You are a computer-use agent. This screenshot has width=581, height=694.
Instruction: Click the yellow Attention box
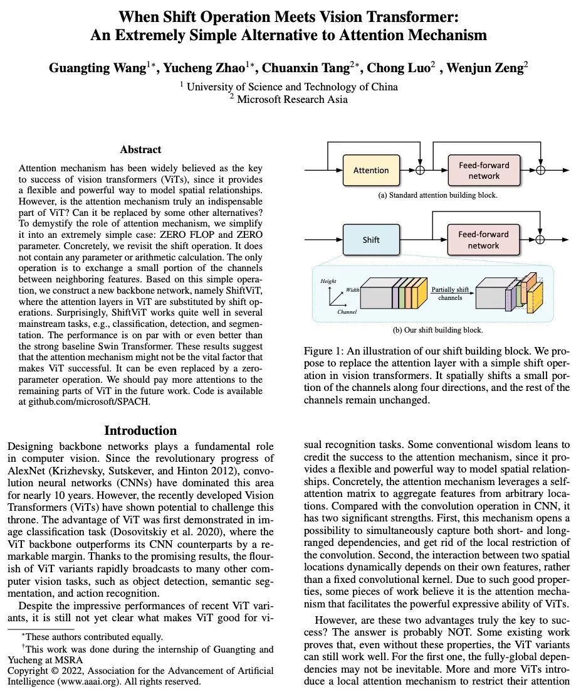click(371, 170)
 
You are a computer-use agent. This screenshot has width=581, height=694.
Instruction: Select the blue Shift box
click(371, 240)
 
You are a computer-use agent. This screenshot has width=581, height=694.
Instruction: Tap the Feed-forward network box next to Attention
click(484, 171)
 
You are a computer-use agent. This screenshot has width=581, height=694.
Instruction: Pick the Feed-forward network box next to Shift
click(484, 240)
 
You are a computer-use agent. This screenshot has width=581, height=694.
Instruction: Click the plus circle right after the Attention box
click(421, 171)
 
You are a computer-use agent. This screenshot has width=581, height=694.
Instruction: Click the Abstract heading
click(140, 149)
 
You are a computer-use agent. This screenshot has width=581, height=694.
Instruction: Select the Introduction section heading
click(140, 430)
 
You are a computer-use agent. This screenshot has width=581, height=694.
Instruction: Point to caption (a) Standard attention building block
click(437, 195)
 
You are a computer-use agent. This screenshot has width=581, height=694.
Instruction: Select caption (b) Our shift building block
click(437, 329)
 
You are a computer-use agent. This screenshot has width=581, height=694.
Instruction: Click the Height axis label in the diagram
click(329, 281)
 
